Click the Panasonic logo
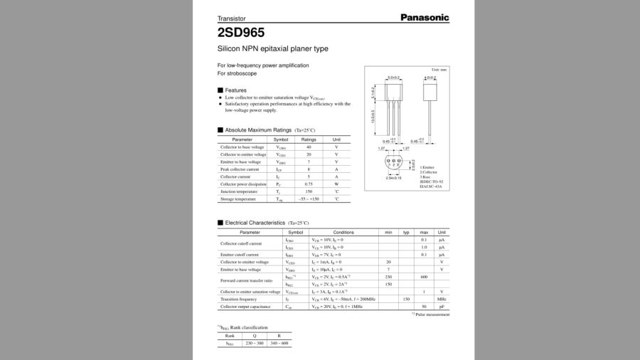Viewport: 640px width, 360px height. click(x=424, y=17)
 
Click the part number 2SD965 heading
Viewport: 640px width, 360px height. click(x=241, y=32)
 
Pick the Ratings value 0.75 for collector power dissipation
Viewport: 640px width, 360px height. click(x=309, y=184)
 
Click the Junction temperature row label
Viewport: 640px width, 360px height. click(x=238, y=191)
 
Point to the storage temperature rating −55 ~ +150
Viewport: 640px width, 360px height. click(x=309, y=199)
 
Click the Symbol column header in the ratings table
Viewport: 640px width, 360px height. click(x=281, y=139)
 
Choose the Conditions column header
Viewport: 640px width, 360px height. click(x=343, y=233)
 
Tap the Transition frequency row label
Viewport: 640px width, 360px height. click(x=239, y=300)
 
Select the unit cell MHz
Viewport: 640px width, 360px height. click(x=442, y=300)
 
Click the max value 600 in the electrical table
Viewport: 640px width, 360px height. click(x=424, y=277)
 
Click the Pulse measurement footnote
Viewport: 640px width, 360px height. click(x=431, y=314)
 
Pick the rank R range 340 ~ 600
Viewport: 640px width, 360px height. click(x=279, y=343)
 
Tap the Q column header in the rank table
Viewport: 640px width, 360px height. click(x=254, y=336)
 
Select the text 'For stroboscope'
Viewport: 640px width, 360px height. click(x=237, y=73)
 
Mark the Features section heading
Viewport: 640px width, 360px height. click(x=235, y=90)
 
